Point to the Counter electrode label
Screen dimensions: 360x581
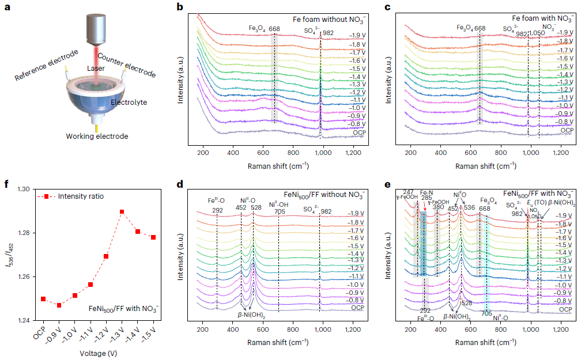[x=126, y=65]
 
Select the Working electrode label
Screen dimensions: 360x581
[x=96, y=136]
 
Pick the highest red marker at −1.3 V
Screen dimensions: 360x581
[x=122, y=212]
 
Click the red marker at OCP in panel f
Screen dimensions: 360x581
[x=43, y=299]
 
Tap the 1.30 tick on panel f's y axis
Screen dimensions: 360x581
[x=22, y=189]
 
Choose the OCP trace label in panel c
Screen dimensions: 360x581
[x=567, y=130]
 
